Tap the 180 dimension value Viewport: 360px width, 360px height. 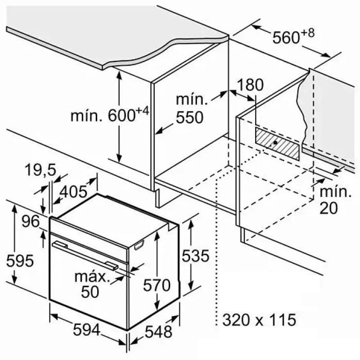click(x=251, y=85)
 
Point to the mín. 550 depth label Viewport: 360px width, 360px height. click(x=189, y=109)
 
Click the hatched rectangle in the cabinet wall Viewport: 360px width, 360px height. click(x=277, y=142)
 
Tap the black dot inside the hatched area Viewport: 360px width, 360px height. click(x=275, y=143)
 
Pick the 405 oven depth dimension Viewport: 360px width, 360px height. click(x=73, y=192)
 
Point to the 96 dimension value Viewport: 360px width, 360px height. click(x=31, y=221)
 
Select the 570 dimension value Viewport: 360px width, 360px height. click(x=157, y=285)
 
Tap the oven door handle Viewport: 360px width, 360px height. click(x=85, y=254)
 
